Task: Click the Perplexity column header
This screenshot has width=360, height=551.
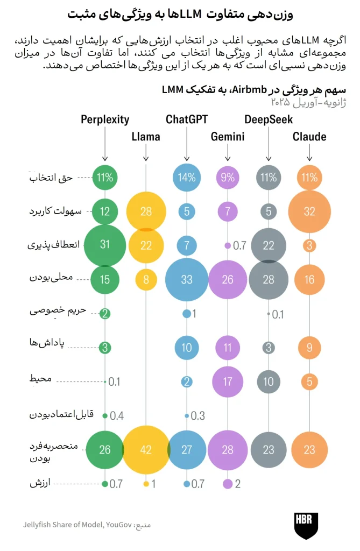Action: click(x=105, y=120)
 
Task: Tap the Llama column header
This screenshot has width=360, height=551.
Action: click(x=145, y=137)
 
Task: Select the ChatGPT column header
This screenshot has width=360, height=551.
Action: click(x=187, y=120)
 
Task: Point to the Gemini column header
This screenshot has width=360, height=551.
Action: click(x=228, y=137)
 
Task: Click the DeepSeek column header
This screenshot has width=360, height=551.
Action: click(x=269, y=120)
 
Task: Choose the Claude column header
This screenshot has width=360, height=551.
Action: click(x=309, y=137)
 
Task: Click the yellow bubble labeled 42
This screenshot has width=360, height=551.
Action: click(x=145, y=450)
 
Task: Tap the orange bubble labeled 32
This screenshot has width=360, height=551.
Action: click(x=309, y=211)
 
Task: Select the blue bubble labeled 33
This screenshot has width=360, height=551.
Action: click(x=187, y=280)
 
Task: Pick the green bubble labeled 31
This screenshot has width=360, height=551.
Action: click(x=105, y=245)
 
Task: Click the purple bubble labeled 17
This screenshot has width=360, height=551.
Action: click(x=228, y=382)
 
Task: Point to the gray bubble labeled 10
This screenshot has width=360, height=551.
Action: click(x=269, y=382)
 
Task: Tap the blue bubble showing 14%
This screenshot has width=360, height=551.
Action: click(x=187, y=178)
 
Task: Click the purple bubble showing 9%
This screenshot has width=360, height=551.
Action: click(x=228, y=178)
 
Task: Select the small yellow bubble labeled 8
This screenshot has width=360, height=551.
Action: click(x=146, y=280)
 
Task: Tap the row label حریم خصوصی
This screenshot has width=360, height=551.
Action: click(x=58, y=311)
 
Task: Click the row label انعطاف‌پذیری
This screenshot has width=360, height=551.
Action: click(x=53, y=245)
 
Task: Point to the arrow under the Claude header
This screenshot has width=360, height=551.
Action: click(x=309, y=153)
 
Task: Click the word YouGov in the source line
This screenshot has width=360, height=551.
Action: click(x=119, y=525)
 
